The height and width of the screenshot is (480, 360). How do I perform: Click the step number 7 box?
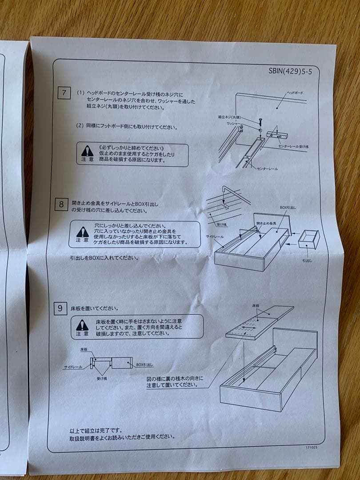pos(64,93)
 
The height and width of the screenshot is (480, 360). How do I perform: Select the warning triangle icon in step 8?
pos(82,232)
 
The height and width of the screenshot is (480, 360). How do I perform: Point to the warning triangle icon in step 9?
pos(82,325)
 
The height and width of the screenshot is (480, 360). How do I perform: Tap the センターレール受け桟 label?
pos(293,146)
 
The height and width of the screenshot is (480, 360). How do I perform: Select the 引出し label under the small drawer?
pos(307,260)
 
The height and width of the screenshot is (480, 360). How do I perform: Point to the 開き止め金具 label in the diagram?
pos(266,223)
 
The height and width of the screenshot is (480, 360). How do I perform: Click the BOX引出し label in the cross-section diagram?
pos(145,364)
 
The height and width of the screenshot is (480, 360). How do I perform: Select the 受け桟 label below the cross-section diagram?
pos(101,378)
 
